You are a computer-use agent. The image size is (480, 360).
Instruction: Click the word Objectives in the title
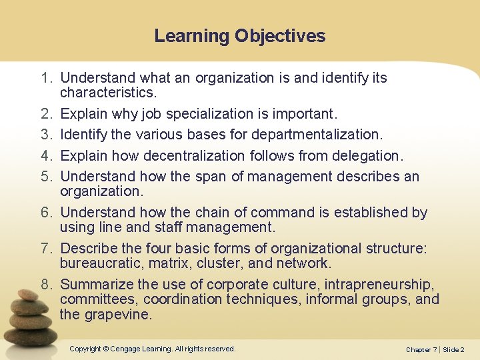pyautogui.click(x=280, y=36)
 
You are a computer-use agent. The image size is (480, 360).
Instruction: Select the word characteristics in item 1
pyautogui.click(x=105, y=91)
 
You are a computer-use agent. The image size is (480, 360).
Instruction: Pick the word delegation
pyautogui.click(x=367, y=155)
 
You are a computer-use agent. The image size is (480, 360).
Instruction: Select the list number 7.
pyautogui.click(x=45, y=249)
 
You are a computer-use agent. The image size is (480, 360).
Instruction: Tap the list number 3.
pyautogui.click(x=45, y=134)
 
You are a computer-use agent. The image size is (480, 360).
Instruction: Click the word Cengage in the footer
pyautogui.click(x=127, y=349)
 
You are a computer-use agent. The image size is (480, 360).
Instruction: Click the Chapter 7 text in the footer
pyautogui.click(x=421, y=350)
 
